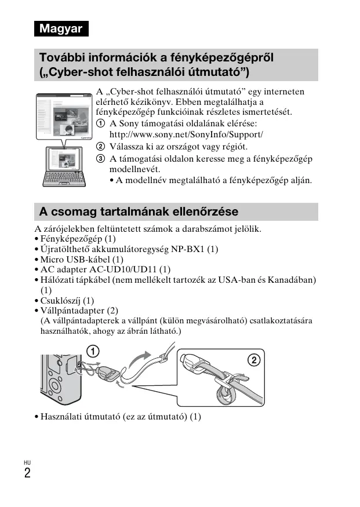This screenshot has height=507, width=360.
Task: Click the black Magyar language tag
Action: click(61, 28)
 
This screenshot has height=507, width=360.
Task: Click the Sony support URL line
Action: click(186, 134)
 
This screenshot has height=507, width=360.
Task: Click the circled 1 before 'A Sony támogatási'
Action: click(101, 124)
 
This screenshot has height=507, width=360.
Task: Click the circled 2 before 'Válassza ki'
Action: click(101, 147)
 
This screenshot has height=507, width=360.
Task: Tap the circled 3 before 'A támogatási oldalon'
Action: click(101, 158)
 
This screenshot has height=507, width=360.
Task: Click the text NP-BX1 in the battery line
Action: click(188, 249)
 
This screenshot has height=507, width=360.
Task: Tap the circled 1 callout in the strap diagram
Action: click(93, 351)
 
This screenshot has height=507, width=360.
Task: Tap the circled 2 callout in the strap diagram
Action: click(253, 360)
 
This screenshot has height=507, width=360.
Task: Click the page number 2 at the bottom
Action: click(27, 473)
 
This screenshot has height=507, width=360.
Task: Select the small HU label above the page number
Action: click(27, 462)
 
